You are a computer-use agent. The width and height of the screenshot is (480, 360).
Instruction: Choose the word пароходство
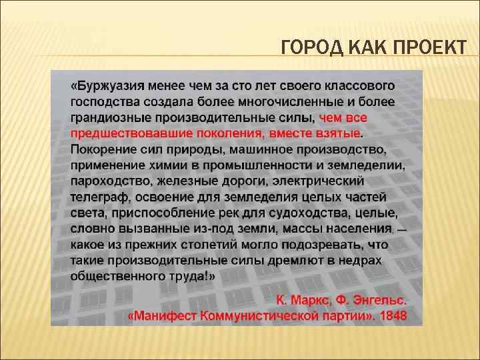pyautogui.click(x=107, y=181)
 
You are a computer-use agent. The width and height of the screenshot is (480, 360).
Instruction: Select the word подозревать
pyautogui.click(x=331, y=245)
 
